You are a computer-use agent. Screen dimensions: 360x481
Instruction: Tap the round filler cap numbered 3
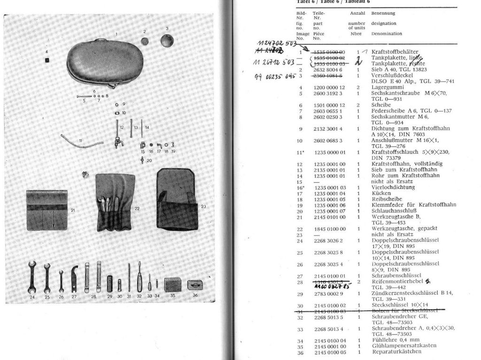[x=167, y=40]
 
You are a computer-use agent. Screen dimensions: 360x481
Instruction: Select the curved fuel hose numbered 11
[x=82, y=139]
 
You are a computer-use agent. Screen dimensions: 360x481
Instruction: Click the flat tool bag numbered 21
[x=47, y=210]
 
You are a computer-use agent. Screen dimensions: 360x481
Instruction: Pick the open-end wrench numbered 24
[x=32, y=277]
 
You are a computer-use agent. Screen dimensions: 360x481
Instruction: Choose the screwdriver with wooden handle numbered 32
[x=139, y=281]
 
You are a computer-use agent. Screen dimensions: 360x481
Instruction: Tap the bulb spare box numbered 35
[x=172, y=284]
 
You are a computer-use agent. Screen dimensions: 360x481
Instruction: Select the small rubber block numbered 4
[x=47, y=60]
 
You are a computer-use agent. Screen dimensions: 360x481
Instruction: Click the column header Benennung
[x=383, y=13]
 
